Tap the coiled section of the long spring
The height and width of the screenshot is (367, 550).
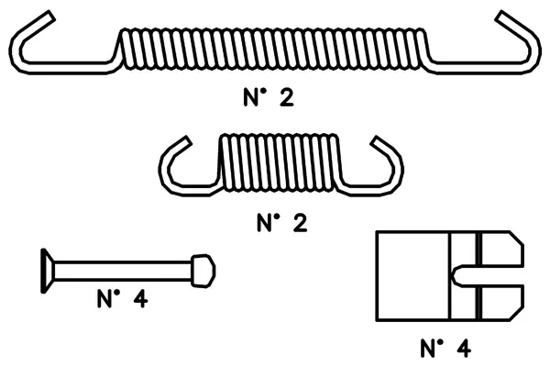click(273, 49)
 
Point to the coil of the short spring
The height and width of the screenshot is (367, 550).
click(280, 163)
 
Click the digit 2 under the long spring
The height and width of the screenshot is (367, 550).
click(287, 97)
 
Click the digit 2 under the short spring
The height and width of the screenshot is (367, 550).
click(300, 223)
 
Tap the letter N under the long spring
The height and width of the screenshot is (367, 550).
click(251, 97)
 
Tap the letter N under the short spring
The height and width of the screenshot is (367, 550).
click(265, 223)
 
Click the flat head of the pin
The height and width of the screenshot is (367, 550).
click(48, 271)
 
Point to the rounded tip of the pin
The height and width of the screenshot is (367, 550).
click(203, 272)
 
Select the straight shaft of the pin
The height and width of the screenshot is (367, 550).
click(123, 272)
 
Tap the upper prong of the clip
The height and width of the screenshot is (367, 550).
click(501, 249)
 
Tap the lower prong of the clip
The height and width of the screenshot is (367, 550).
click(501, 303)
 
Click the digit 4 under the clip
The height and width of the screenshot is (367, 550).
click(464, 349)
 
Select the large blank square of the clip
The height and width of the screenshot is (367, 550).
click(412, 276)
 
